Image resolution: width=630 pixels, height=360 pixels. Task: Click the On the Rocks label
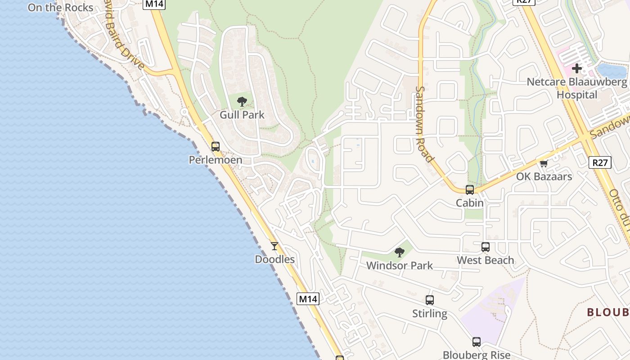tap(60, 8)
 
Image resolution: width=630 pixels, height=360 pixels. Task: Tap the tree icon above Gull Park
tap(242, 101)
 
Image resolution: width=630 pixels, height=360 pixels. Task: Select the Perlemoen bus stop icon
tap(216, 146)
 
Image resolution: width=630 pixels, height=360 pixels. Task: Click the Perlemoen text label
tap(216, 160)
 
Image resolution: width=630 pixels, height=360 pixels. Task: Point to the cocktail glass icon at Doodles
tap(274, 246)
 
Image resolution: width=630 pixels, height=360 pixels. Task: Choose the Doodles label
tap(274, 259)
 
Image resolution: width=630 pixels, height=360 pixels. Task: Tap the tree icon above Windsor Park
tap(399, 252)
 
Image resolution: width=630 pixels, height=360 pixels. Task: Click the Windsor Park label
tap(399, 265)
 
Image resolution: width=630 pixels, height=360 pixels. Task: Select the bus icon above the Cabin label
tap(470, 189)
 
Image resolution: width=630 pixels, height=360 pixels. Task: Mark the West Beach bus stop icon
tap(486, 247)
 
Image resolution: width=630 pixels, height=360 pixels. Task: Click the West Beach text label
tap(486, 260)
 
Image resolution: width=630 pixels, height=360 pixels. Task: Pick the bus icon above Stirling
tap(430, 300)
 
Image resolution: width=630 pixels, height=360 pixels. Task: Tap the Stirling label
tap(430, 314)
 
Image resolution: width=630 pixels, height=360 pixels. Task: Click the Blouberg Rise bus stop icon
tap(477, 342)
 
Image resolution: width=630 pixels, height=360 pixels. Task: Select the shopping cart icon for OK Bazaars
tap(544, 163)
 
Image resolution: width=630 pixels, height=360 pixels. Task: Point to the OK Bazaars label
tap(544, 176)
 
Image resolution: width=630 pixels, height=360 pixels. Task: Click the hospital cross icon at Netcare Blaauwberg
tap(577, 69)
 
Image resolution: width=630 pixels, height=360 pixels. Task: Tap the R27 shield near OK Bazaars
tap(600, 162)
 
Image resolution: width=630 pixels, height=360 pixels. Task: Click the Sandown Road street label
tap(424, 124)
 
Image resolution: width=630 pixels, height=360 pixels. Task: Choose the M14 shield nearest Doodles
tap(308, 298)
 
